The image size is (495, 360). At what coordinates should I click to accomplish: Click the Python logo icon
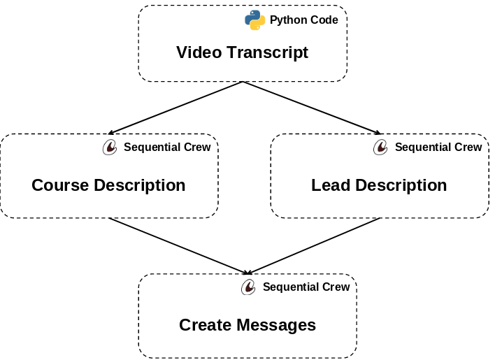pos(255,20)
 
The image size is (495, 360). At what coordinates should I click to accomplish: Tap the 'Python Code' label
pos(303,20)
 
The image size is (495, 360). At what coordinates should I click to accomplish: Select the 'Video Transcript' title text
pos(242,52)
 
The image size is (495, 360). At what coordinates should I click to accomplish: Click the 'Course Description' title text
pos(108,185)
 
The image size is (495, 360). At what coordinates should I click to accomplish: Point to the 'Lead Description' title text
pos(379,185)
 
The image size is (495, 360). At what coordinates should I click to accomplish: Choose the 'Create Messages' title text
pos(247,325)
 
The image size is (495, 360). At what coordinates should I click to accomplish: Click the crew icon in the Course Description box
pos(110,147)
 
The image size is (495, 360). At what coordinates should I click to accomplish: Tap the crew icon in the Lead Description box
pos(380,147)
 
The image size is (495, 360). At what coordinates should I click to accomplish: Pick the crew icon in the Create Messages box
pos(248,287)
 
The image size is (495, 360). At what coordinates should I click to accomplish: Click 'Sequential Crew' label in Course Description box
pos(167,147)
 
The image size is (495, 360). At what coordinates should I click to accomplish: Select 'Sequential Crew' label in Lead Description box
pos(438,147)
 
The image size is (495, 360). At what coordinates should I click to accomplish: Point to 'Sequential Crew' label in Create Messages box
pos(306,287)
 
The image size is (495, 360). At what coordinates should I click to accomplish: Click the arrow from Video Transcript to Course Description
pos(175,108)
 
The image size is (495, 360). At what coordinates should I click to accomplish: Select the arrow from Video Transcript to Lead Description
pos(311,108)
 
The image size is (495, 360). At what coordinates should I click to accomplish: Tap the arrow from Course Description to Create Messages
pos(178,246)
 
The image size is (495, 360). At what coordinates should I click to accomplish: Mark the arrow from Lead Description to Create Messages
pos(315,246)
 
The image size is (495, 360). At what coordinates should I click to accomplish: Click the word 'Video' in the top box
pos(199,52)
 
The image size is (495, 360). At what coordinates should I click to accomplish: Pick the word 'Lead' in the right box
pos(331,185)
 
